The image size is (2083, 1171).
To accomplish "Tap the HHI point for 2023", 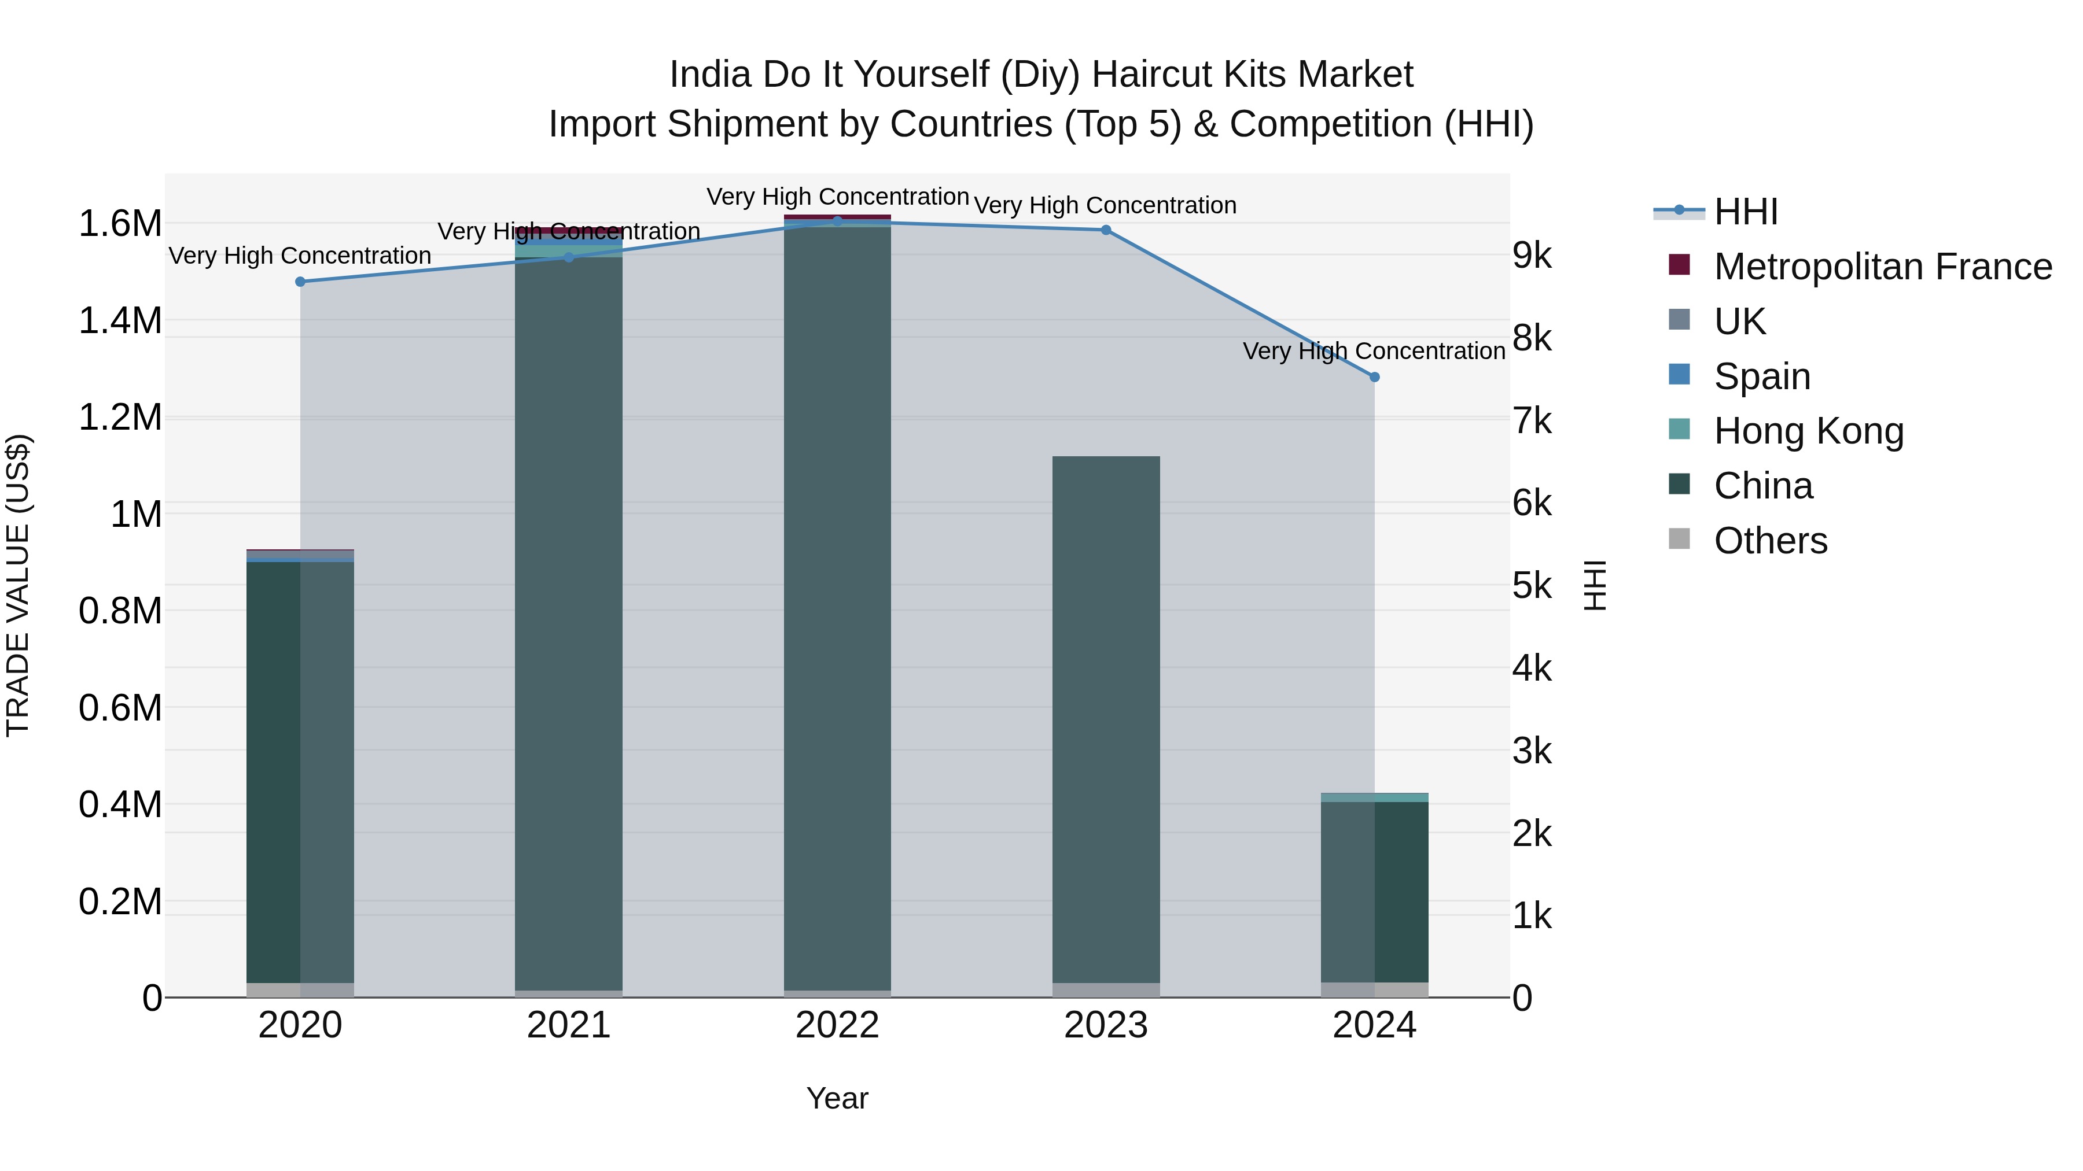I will [1106, 230].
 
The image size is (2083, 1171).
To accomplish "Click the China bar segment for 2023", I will [1106, 719].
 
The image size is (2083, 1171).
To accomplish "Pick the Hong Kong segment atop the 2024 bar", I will [1375, 797].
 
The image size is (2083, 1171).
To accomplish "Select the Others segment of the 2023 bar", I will [1106, 990].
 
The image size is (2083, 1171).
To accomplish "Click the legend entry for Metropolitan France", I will [1882, 267].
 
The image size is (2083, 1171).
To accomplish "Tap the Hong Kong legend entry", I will [1808, 431].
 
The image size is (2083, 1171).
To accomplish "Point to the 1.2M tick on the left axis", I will [120, 418].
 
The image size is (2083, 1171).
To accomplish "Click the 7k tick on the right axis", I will [1532, 421].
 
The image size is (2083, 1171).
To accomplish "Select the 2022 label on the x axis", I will [837, 1025].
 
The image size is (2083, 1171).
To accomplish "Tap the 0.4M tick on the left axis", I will [120, 805].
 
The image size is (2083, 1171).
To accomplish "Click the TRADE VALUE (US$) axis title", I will [18, 585].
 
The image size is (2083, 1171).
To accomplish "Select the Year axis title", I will [837, 1098].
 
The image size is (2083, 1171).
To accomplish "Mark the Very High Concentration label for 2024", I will [1374, 351].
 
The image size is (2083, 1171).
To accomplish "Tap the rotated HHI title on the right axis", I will [1594, 585].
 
